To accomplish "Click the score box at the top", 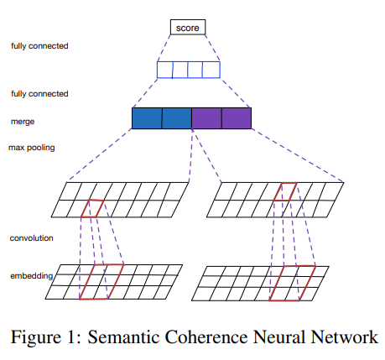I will click(x=188, y=28).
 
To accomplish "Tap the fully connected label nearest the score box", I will click(x=39, y=45).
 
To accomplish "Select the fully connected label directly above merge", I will click(x=39, y=93).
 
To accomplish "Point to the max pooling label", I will click(x=31, y=148).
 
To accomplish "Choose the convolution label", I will click(x=32, y=238).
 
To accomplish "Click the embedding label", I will click(x=30, y=275).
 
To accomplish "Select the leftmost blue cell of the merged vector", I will click(x=147, y=118).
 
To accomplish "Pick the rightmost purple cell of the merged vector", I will click(x=237, y=118).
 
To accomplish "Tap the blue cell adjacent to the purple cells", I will click(x=177, y=118).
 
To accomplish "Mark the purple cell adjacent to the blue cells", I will click(x=206, y=118).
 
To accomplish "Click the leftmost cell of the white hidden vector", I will click(x=165, y=68).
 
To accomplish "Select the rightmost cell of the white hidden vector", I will click(x=211, y=68).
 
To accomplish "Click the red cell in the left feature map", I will click(x=92, y=208).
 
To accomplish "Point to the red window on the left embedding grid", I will click(x=101, y=280).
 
